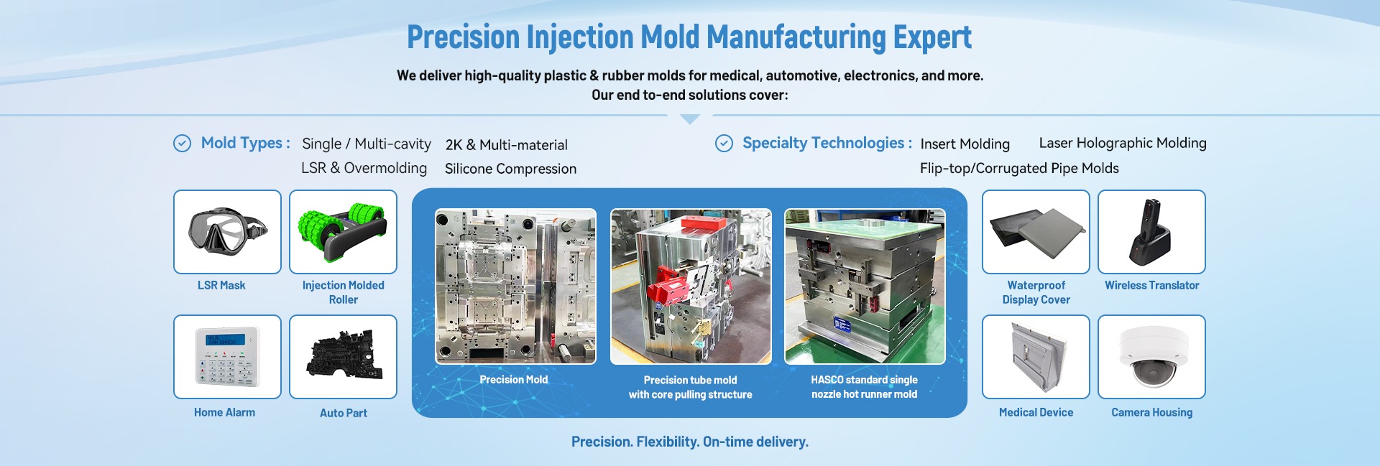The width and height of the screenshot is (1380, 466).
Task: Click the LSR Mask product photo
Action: point(227,232)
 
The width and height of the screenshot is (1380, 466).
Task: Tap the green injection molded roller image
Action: point(343,232)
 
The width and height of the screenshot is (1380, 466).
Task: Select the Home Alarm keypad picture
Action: point(227,357)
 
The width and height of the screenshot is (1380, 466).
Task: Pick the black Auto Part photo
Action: point(343,357)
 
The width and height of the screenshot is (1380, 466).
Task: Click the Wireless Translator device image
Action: point(1151,232)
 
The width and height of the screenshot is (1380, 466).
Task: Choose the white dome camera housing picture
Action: point(1151,357)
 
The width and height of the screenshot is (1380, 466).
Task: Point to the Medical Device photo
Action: point(1036,357)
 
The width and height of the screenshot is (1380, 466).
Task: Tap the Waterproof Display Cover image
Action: point(1036,232)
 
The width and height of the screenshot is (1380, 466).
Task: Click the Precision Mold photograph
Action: point(515,286)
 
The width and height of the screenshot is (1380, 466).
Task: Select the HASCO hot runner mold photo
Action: point(865,286)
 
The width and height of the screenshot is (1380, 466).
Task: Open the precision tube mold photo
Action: point(691,286)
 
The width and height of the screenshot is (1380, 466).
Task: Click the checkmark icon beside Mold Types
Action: point(183,144)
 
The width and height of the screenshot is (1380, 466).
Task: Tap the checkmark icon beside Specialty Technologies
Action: point(724,144)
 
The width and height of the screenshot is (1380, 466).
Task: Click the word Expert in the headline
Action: point(932,37)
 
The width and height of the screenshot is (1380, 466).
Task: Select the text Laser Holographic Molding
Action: point(1123,143)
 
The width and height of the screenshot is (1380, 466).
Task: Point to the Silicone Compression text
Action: point(510,169)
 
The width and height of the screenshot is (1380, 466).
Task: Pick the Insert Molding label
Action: point(965,144)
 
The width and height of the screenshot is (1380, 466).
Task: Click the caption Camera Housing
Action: point(1151,412)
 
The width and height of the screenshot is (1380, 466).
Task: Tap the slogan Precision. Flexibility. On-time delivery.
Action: point(690,442)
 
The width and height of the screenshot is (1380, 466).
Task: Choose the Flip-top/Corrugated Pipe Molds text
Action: point(1019,168)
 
